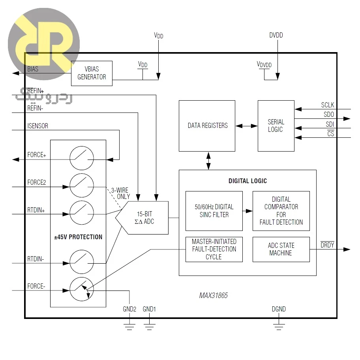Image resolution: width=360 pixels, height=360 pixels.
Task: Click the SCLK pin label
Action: pyautogui.click(x=328, y=105)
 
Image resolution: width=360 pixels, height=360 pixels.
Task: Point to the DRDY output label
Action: pyautogui.click(x=327, y=245)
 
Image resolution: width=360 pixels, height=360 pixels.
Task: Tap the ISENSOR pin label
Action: pyautogui.click(x=37, y=126)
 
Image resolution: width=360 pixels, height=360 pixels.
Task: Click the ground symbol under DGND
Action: pyautogui.click(x=279, y=327)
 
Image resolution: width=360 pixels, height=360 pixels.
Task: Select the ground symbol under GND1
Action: pyautogui.click(x=149, y=327)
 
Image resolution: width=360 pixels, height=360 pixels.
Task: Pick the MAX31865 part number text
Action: pyautogui.click(x=213, y=295)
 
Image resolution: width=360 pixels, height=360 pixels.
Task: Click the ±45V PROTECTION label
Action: pyautogui.click(x=78, y=237)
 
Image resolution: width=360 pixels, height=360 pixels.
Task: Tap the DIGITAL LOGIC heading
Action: pyautogui.click(x=247, y=181)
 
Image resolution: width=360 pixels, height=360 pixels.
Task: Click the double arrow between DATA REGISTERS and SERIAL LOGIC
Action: pyautogui.click(x=246, y=126)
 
